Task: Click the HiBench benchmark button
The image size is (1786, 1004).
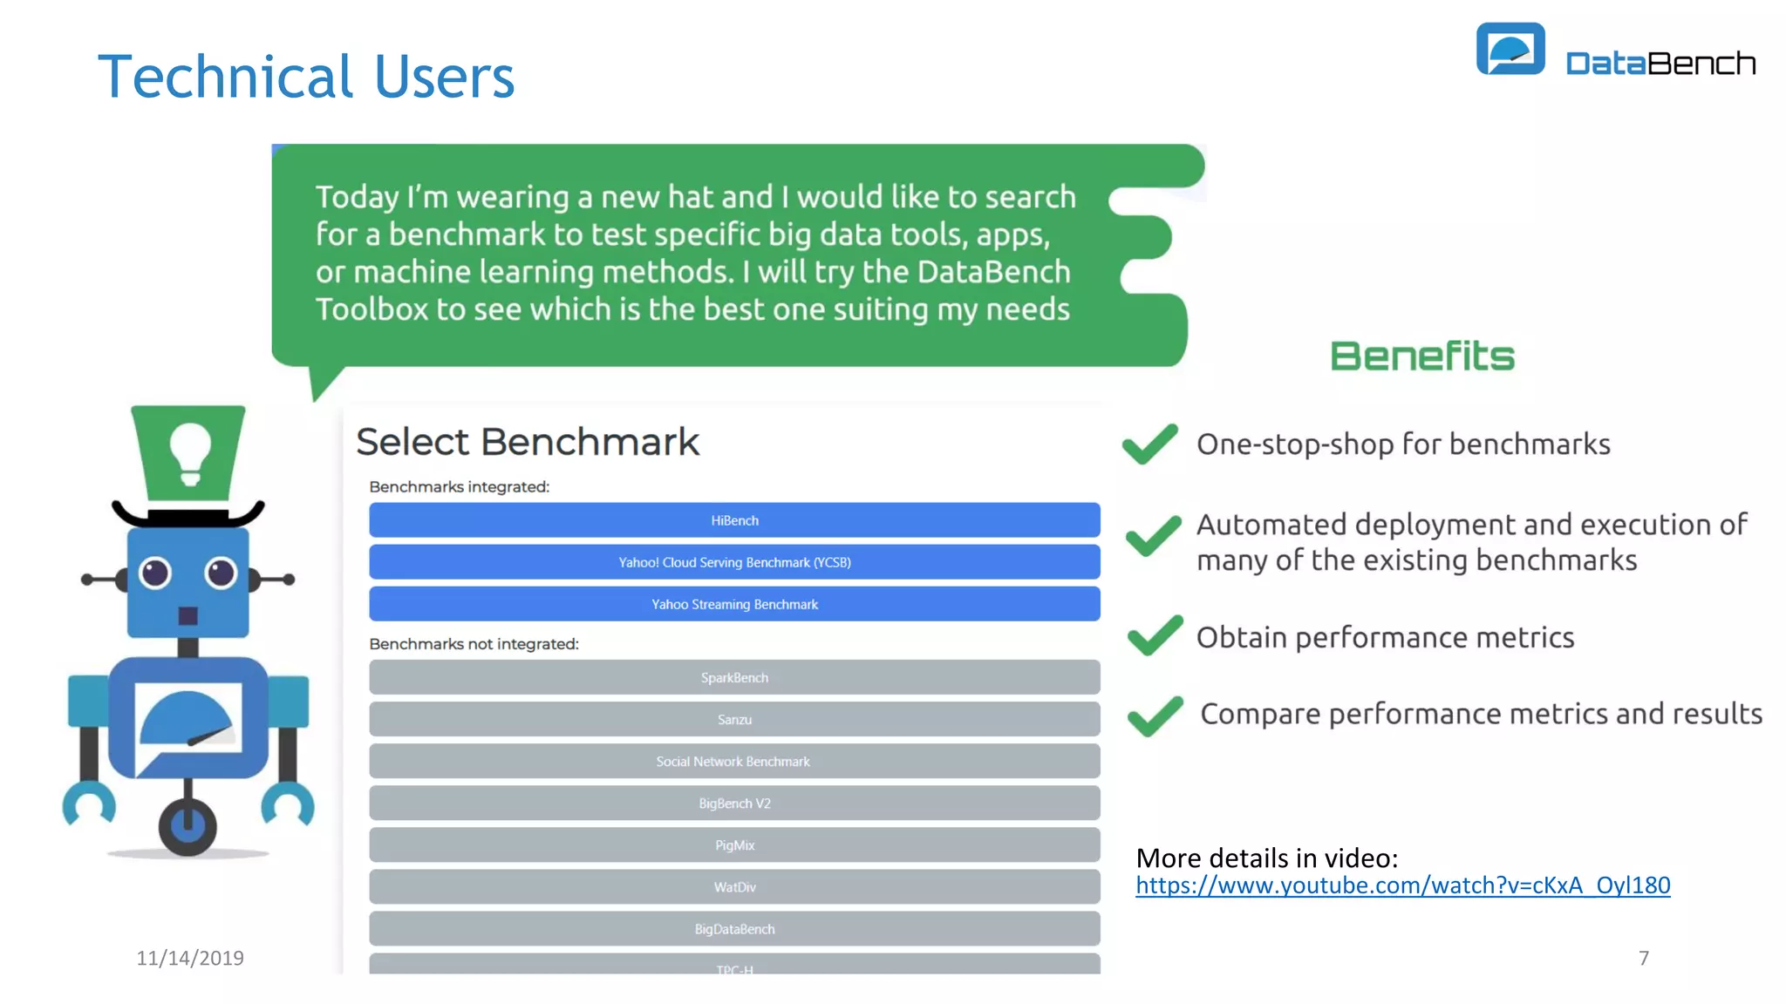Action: [734, 520]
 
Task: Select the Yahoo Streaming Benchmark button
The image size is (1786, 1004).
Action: [734, 604]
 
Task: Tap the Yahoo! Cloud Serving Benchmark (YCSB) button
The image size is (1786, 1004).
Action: [734, 562]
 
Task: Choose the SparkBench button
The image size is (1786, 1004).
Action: [734, 677]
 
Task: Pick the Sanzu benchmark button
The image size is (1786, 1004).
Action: [734, 719]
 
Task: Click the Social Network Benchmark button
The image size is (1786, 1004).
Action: [734, 761]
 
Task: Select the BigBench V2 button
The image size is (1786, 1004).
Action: [734, 803]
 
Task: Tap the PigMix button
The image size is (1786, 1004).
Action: [734, 845]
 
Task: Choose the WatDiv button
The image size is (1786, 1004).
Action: [734, 886]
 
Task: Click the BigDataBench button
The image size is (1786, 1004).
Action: [734, 928]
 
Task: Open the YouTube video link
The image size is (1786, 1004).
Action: [1402, 885]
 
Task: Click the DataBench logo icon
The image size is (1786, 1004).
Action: [1510, 49]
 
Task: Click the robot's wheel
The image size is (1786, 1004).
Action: [187, 825]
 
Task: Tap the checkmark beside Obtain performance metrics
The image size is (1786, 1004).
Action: [1155, 635]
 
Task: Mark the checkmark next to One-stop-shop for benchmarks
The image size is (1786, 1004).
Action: [1150, 444]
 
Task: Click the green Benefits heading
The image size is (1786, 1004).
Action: [1422, 356]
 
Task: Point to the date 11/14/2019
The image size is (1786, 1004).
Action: [190, 958]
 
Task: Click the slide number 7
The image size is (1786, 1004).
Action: [1644, 958]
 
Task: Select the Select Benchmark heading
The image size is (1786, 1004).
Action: [528, 442]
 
